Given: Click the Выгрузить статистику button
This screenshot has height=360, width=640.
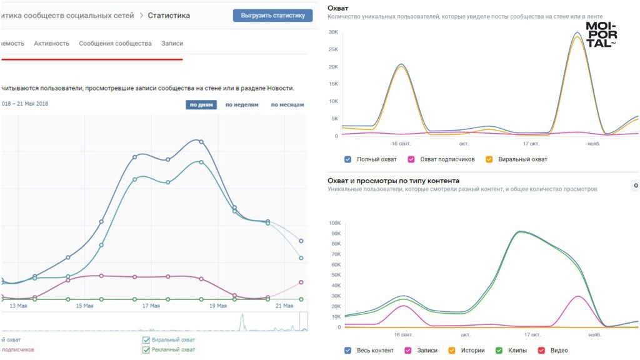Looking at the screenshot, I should (272, 16).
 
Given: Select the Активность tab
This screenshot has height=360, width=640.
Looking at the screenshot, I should (52, 44).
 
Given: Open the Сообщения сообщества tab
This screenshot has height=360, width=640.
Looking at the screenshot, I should (115, 44).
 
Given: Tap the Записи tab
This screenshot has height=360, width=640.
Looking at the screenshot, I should (172, 44).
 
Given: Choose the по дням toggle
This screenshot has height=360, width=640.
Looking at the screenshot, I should (201, 105).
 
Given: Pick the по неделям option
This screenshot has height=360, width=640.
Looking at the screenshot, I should (241, 105).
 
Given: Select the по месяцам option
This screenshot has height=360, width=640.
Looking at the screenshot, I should (287, 105).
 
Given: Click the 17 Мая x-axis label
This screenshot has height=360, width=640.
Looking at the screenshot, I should (151, 306).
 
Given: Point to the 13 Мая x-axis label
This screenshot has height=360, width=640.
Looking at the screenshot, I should (18, 306).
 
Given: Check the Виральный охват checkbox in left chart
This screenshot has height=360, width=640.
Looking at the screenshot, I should (146, 340).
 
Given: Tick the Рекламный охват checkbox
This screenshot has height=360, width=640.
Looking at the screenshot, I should (146, 350).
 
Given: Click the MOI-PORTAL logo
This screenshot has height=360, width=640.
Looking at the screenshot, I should (601, 35).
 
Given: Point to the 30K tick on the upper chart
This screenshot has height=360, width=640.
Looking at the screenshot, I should (333, 32).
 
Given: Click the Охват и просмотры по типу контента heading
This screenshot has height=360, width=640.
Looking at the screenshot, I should (393, 181).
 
